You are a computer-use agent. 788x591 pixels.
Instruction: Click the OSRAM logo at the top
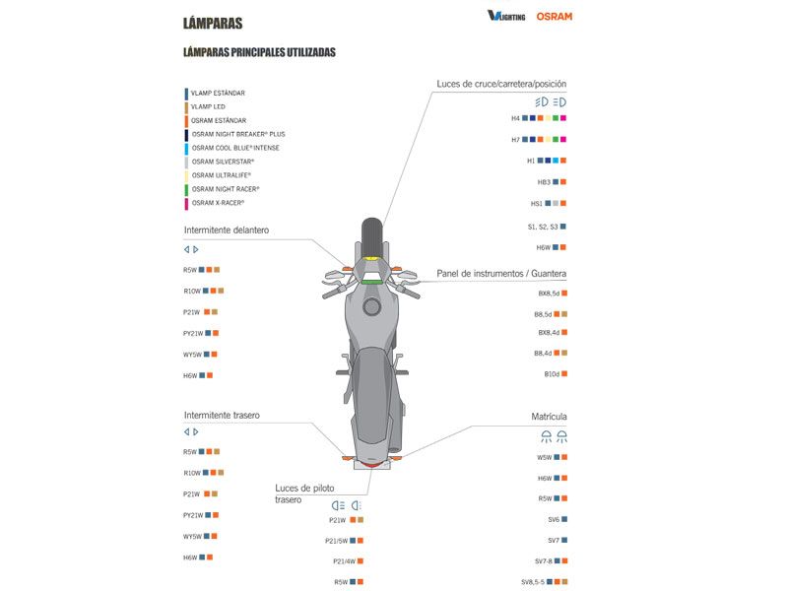coord(554,16)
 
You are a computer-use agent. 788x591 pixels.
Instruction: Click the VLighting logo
coord(506,16)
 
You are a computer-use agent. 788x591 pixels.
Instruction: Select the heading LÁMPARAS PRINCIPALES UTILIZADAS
coord(259,51)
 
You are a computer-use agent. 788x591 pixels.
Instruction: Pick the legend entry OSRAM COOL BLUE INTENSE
coord(235,148)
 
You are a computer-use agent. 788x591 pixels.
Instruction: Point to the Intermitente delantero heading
coord(226,230)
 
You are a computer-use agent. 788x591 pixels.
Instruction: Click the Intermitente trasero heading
coord(222,415)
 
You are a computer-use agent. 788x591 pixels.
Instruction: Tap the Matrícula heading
coord(549,417)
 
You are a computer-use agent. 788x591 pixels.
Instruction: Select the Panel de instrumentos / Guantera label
coord(501,273)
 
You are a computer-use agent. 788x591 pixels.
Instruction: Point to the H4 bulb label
coord(515,118)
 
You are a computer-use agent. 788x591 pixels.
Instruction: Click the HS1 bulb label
coord(537,204)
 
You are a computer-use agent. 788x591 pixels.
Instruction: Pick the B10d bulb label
coord(552,374)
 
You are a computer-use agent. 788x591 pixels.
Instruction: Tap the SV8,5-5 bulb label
coord(533,582)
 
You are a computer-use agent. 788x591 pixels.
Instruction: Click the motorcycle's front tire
coord(370,237)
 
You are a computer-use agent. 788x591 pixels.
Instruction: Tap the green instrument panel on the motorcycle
coord(371,282)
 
